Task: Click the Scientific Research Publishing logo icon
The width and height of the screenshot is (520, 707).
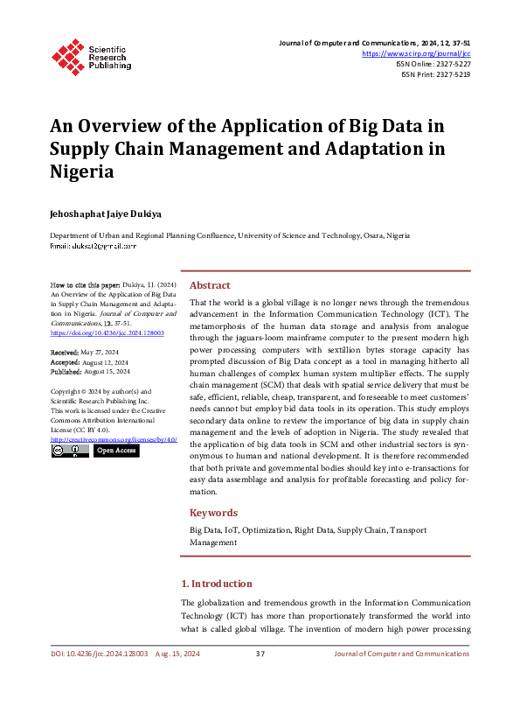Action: point(66,55)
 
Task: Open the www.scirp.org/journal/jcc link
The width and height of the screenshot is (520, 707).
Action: point(416,53)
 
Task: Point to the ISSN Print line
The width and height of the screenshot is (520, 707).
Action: point(435,75)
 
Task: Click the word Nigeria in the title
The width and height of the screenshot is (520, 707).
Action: point(81,171)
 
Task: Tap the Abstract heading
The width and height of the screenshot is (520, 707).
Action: point(210,285)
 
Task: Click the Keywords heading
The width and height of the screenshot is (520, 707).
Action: point(214,514)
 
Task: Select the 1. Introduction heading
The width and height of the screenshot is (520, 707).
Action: point(216,584)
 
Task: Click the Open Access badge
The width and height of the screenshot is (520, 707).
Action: point(115,450)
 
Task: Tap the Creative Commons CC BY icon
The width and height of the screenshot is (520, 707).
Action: point(70,450)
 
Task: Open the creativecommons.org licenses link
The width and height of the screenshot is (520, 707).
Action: point(114,438)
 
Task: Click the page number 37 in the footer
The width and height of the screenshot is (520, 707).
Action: point(260,654)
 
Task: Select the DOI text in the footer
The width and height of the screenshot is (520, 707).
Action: point(98,654)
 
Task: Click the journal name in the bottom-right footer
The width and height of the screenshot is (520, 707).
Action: point(402,654)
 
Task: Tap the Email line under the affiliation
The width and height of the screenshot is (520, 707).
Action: point(93,247)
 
